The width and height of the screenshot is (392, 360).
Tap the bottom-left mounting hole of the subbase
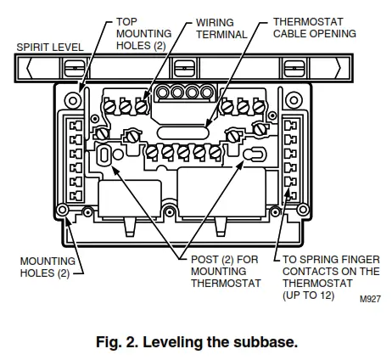coord(62,210)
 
